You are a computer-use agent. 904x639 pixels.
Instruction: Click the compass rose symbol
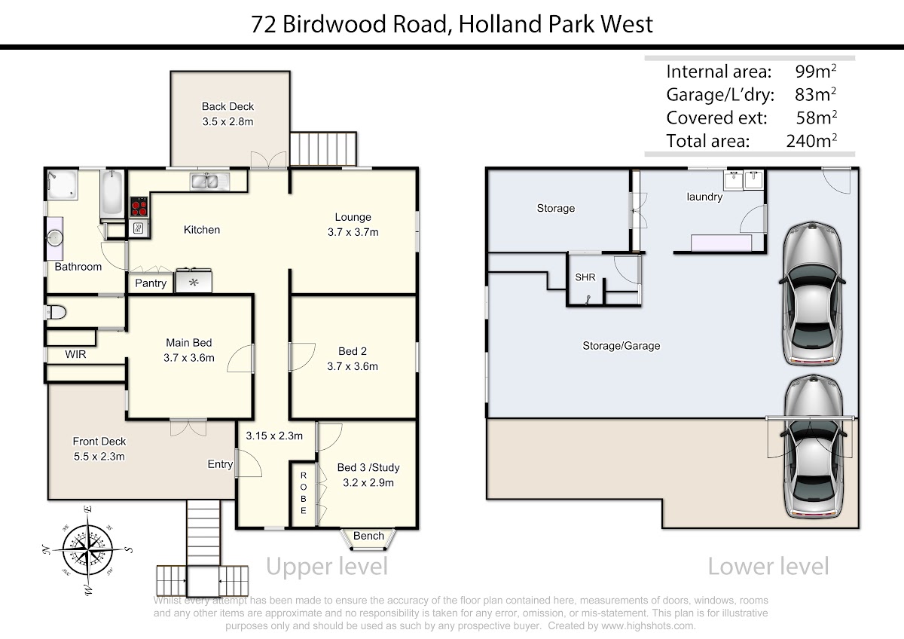(88, 548)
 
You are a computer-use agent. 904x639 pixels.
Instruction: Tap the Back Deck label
(228, 106)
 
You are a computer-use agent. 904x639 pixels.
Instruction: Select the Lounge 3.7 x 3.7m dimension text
(353, 232)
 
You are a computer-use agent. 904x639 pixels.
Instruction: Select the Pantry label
(150, 283)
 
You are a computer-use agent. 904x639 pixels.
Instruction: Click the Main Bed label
(188, 343)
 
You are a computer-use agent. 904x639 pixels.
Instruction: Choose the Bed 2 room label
(353, 351)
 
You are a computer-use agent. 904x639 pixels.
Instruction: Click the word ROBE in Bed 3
(304, 493)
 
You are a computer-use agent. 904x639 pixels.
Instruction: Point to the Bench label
(368, 536)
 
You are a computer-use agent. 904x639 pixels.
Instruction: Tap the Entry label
(220, 464)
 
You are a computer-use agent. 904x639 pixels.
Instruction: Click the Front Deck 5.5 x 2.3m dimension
(99, 456)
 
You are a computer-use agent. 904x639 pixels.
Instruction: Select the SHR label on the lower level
(585, 277)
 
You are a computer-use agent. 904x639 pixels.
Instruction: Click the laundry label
(704, 197)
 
